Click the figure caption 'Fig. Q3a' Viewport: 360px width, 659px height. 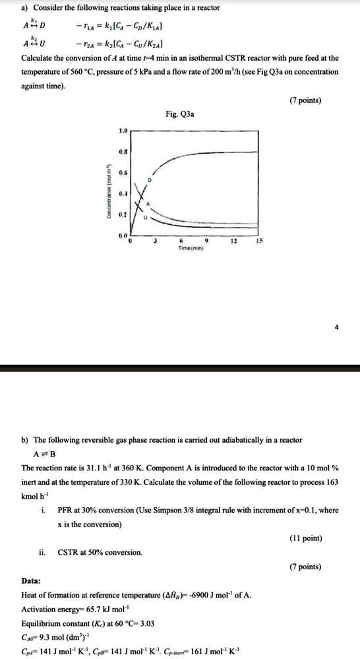[180, 113]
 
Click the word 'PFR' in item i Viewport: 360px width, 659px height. [67, 511]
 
